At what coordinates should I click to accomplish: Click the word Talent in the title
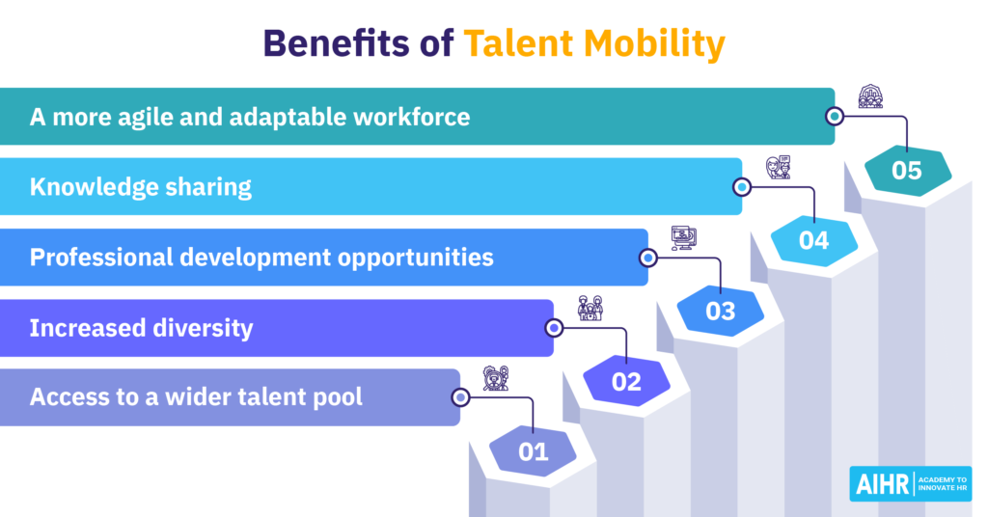518,43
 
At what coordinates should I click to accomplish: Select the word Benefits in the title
336,43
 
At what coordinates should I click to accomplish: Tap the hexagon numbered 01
533,451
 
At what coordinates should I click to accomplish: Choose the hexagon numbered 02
626,381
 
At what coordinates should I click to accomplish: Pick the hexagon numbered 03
720,311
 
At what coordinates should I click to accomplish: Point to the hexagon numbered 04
814,240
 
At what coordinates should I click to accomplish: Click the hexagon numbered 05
907,170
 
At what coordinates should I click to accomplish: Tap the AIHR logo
911,483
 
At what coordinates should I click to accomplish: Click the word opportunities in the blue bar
415,258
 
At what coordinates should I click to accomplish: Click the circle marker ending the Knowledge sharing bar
742,187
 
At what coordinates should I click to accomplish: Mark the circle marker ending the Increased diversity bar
554,327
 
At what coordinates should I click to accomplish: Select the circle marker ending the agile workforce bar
835,117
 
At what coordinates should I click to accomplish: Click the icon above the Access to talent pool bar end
495,378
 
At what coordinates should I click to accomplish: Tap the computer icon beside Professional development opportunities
684,238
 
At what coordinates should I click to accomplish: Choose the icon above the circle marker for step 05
871,96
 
